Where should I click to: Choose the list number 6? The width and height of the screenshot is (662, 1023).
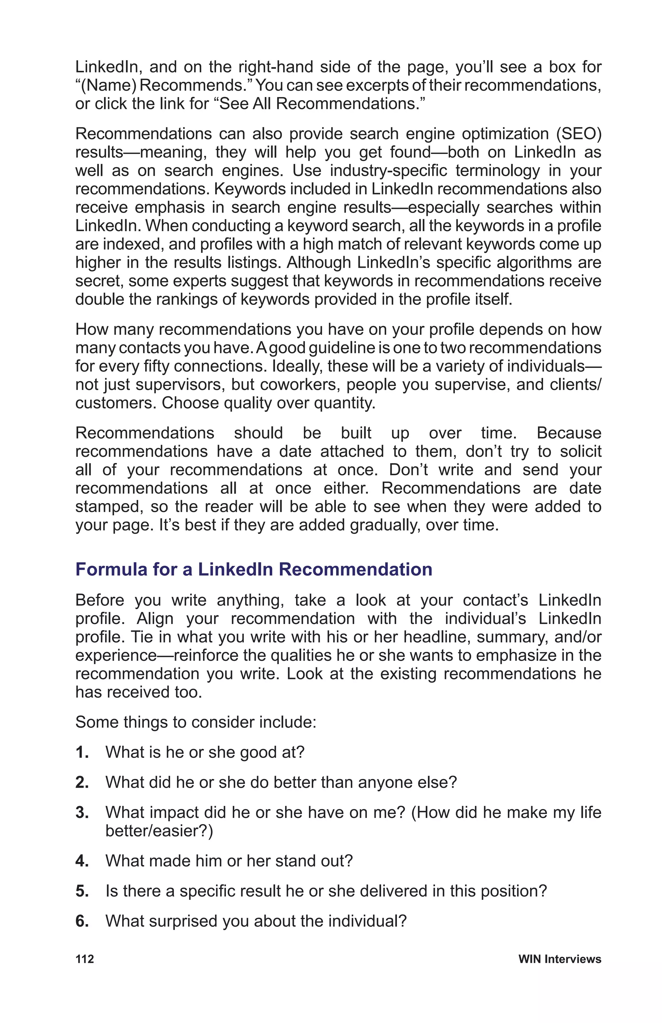click(82, 921)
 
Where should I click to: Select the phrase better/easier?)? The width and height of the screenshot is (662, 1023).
click(159, 831)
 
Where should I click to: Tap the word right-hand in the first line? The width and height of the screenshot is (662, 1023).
click(275, 67)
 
